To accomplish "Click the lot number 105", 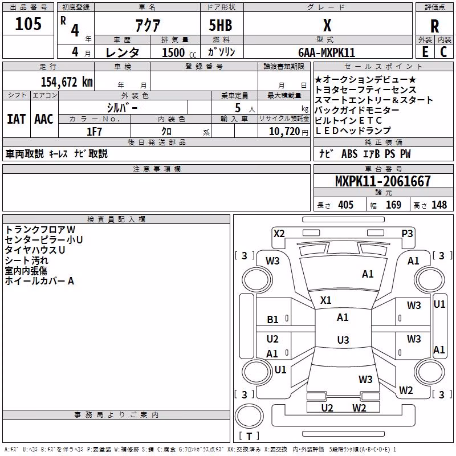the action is pos(28,24).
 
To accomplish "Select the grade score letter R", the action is pos(434,26).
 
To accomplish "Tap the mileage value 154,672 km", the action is pos(67,82).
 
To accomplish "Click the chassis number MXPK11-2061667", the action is pos(382,181).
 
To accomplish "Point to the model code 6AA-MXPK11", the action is pos(327,52).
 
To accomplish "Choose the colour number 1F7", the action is pos(94,132).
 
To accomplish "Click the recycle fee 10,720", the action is pos(284,132).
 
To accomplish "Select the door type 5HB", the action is pos(221,25).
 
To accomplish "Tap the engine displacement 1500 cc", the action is pos(179,52).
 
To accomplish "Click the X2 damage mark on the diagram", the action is pos(279,234).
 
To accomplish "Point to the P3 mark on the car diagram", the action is pos(407,234).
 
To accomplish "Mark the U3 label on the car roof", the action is pos(343,340).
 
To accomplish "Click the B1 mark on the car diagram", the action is pos(272,320).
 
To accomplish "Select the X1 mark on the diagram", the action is pos(325,300).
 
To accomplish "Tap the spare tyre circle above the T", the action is pos(249,416).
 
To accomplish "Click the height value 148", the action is pos(439,205).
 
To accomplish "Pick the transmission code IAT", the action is pos(16,119).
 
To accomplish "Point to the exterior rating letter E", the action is pos(425,52).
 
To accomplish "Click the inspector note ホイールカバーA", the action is pos(39,281).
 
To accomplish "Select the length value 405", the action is pos(346,205).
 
